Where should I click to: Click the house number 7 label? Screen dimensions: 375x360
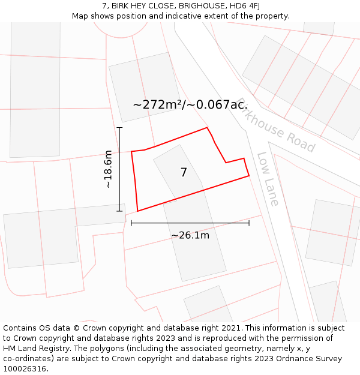184,173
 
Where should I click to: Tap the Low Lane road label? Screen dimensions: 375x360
268,179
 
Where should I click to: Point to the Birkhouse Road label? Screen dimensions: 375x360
275,125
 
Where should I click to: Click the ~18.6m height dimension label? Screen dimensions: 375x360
108,169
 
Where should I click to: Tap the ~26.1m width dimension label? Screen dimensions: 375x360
190,235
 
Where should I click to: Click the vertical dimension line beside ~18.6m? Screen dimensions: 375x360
119,180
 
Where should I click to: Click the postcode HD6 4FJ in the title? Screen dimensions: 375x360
244,6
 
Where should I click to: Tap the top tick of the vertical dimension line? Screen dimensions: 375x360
119,127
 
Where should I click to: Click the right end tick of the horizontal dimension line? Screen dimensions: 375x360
249,223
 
